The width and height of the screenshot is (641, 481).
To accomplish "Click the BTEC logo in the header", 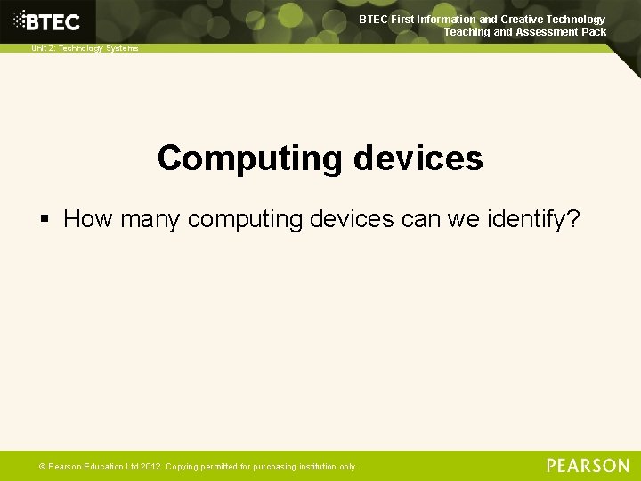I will point(53,21).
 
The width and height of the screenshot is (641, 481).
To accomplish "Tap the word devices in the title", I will point(418,159).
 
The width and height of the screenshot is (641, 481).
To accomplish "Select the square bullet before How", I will point(45,219).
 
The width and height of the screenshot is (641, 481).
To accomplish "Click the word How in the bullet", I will point(87,219).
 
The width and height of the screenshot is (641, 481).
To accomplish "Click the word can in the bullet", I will point(409,219).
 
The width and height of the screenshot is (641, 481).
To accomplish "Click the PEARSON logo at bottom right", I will point(588,466).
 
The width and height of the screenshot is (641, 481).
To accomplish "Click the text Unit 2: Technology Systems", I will point(85,48).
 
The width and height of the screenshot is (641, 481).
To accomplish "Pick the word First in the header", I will point(401,19).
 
